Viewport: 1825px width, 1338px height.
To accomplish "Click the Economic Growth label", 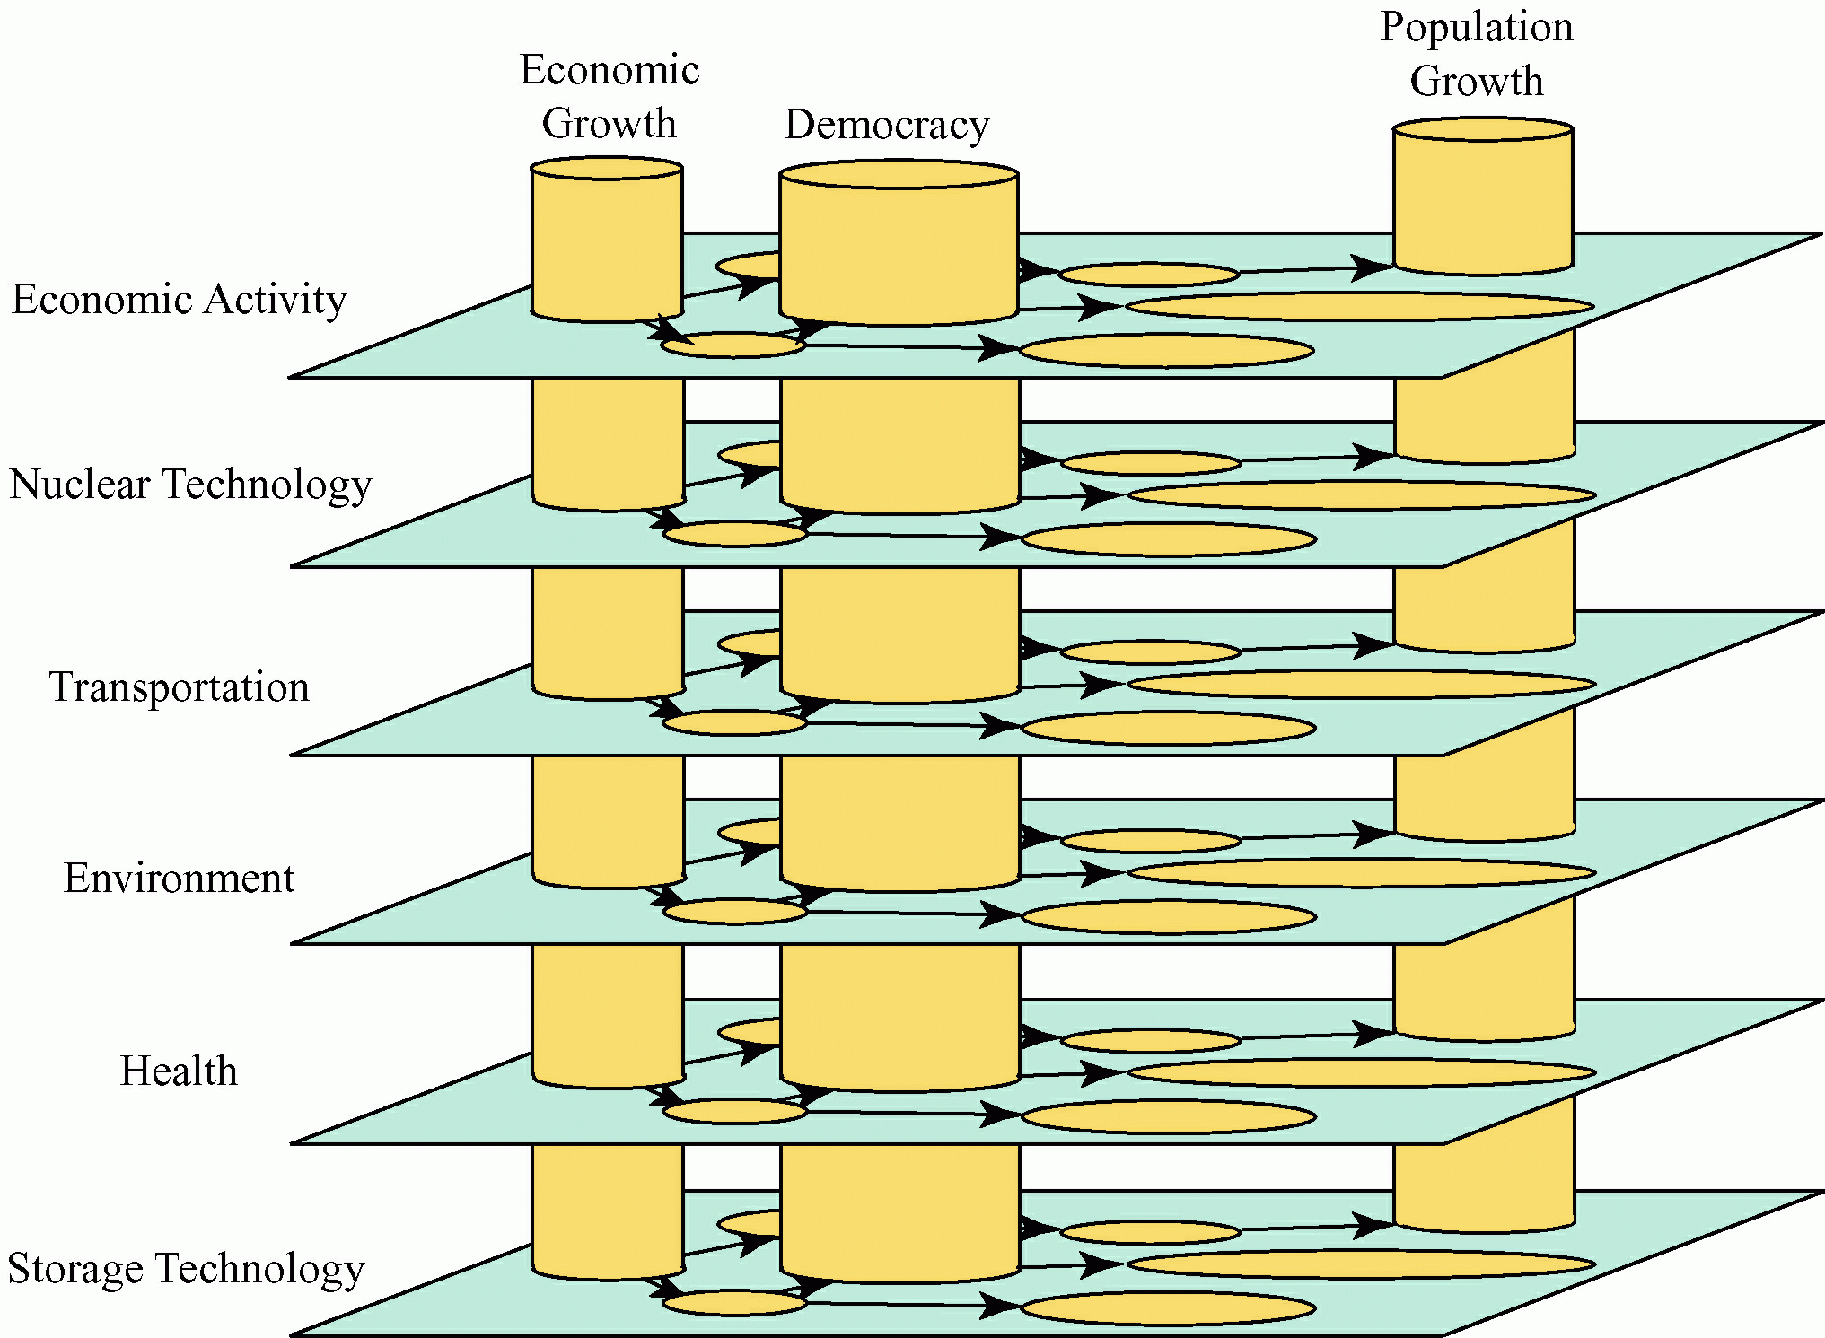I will click(x=609, y=96).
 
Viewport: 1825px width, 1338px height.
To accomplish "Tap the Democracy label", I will click(x=886, y=125).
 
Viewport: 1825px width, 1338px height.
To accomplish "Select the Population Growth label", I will click(x=1476, y=53).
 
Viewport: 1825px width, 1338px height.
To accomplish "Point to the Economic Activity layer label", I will click(x=179, y=300).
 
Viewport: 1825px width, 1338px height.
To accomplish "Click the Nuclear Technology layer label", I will click(x=190, y=485).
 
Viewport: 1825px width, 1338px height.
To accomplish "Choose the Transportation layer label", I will click(x=179, y=687).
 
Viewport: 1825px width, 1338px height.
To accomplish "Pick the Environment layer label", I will click(x=179, y=879).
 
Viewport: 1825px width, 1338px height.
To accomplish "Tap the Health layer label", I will click(x=179, y=1071).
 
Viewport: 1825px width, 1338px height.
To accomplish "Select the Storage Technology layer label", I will click(x=186, y=1269).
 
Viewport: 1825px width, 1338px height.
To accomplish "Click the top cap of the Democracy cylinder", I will click(x=899, y=174).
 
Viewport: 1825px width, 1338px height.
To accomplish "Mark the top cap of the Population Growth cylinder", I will click(x=1482, y=129).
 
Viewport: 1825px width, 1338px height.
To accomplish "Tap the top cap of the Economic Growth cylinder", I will click(x=607, y=169).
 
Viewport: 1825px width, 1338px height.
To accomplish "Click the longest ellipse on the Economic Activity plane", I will click(x=1360, y=306).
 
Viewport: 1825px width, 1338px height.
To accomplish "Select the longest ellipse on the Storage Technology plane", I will click(x=1361, y=1264).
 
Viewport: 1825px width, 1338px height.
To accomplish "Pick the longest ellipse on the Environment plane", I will click(x=1361, y=872).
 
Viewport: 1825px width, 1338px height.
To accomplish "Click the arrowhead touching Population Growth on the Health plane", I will click(x=1373, y=1035).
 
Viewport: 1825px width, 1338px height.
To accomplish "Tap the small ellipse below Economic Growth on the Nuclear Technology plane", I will click(x=735, y=534).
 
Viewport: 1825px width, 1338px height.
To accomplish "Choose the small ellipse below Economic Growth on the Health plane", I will click(x=735, y=1112).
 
